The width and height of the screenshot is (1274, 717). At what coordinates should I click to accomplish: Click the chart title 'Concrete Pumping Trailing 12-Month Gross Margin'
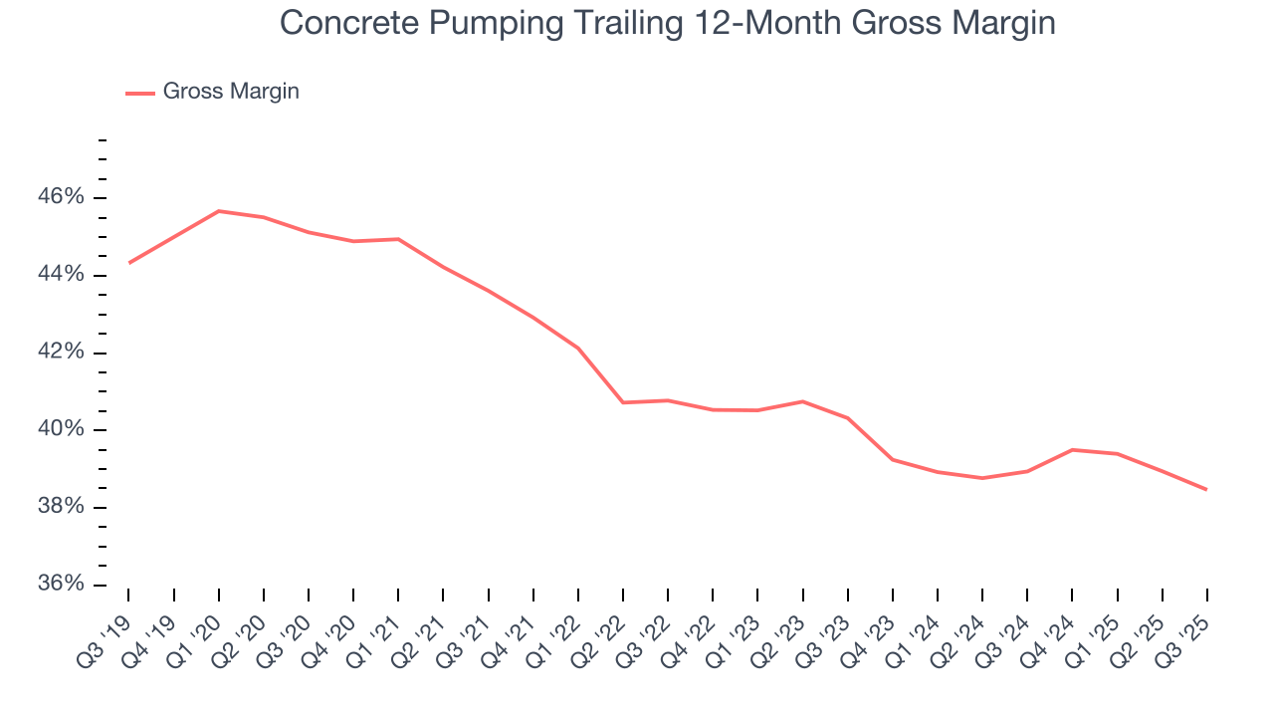tap(667, 22)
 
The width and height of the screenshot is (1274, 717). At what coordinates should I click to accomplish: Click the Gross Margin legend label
tap(231, 92)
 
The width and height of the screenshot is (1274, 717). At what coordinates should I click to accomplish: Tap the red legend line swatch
tap(140, 93)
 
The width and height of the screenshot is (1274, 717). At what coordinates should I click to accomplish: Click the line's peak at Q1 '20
tap(218, 211)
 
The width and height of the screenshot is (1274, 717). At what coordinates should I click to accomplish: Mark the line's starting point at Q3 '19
tap(128, 263)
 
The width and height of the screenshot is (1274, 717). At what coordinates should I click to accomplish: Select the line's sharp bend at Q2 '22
tap(623, 402)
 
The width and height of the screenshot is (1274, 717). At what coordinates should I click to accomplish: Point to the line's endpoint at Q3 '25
tap(1207, 489)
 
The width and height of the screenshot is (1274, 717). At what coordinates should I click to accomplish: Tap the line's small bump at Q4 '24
tap(1072, 450)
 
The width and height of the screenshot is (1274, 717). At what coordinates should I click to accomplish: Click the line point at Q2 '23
tap(802, 401)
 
